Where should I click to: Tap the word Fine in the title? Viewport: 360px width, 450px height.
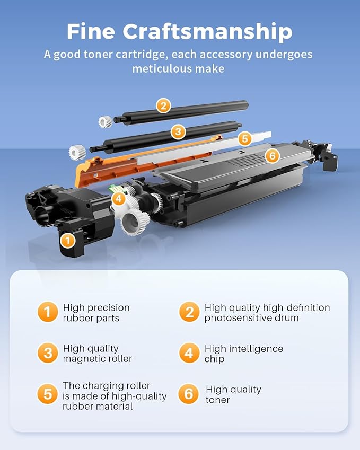pos(91,32)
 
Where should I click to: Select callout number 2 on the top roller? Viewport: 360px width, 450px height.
pos(163,106)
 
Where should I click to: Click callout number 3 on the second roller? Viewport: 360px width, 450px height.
pos(178,131)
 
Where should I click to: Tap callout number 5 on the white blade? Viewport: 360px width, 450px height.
pos(244,139)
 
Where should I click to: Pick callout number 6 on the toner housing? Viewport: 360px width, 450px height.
pos(271,156)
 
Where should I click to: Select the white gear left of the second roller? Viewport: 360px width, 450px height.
pos(77,153)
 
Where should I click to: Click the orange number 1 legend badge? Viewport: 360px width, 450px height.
pos(48,313)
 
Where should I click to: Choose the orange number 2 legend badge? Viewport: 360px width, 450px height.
pos(189,313)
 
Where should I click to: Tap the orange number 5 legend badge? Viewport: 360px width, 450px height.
pos(48,394)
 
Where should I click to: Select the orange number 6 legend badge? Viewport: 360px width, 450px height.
pos(189,394)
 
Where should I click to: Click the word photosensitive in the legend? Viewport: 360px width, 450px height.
pos(234,318)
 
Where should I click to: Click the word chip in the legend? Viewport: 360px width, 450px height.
pos(215,359)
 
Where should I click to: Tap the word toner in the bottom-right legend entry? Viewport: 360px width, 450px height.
pos(217,400)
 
